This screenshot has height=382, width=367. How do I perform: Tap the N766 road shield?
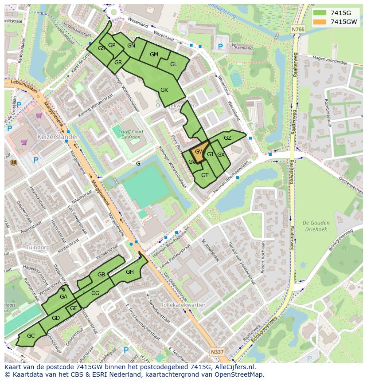[x=298, y=29]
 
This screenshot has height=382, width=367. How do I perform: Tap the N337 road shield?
[x=217, y=352]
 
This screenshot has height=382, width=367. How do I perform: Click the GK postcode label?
[x=164, y=90]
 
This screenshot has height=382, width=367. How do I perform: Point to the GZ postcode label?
[x=227, y=138]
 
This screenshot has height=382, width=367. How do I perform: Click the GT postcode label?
[x=205, y=175]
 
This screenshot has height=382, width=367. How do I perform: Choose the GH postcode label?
[x=129, y=272]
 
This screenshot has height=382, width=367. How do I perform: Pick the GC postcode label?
[x=31, y=336]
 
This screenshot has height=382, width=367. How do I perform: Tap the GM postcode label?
[x=154, y=55]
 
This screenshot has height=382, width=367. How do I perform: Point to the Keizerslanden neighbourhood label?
[x=59, y=137]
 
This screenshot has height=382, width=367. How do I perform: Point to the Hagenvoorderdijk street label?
[x=330, y=63]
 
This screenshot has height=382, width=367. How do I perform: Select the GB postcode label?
[x=101, y=275]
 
